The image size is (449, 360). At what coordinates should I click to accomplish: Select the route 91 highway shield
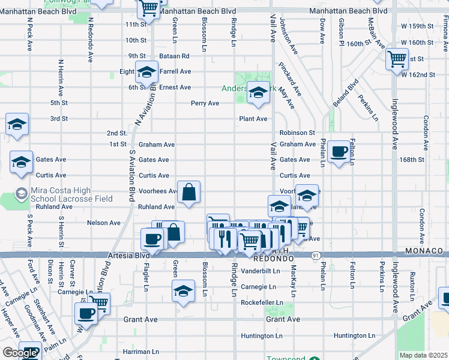click(x=315, y=256)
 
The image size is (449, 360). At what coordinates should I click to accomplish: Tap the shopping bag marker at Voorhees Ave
click(x=188, y=193)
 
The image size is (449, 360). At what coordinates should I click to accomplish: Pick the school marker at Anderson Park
click(x=258, y=93)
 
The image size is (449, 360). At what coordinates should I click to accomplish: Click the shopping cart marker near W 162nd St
click(x=397, y=59)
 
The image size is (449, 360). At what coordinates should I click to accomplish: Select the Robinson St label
click(x=297, y=133)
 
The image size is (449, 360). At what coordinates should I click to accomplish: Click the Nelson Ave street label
click(x=99, y=223)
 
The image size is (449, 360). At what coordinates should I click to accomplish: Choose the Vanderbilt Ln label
click(x=261, y=271)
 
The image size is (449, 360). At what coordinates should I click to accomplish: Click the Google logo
click(x=19, y=353)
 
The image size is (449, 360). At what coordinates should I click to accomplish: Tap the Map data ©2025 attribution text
click(x=423, y=355)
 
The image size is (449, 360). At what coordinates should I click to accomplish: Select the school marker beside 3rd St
click(x=17, y=124)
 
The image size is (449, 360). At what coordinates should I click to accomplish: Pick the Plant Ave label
click(x=253, y=119)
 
